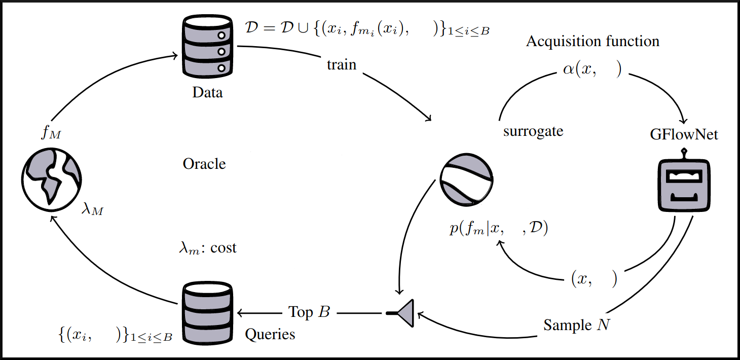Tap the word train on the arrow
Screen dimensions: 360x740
pyautogui.click(x=342, y=65)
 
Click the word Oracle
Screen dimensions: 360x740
pyautogui.click(x=204, y=164)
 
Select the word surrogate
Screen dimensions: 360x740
pyautogui.click(x=533, y=131)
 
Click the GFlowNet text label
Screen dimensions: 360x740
pyautogui.click(x=684, y=135)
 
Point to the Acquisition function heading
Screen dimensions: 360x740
pyautogui.click(x=593, y=41)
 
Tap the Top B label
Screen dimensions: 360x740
pyautogui.click(x=309, y=312)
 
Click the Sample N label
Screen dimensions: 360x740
pyautogui.click(x=576, y=325)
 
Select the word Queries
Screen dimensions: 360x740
pyautogui.click(x=270, y=334)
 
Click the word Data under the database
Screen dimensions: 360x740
pyautogui.click(x=207, y=93)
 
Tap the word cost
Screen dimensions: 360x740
pyautogui.click(x=224, y=248)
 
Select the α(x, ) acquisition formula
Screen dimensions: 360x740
pyautogui.click(x=591, y=70)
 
